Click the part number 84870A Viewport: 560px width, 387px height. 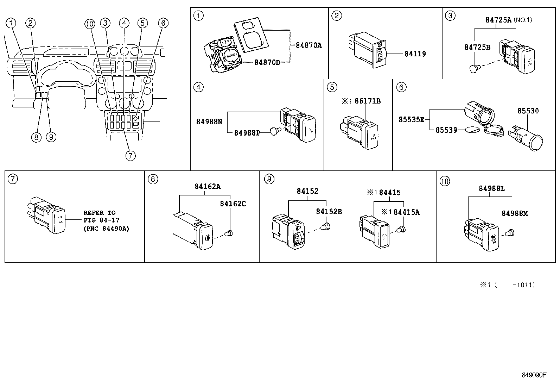309,45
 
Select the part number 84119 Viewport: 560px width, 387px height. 415,54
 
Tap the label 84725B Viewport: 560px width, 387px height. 477,47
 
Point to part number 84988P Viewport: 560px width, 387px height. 247,133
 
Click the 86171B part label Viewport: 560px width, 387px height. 368,101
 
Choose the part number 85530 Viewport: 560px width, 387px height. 528,111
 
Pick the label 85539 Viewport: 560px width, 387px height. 446,130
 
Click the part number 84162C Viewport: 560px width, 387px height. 233,204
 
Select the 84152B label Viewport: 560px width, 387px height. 329,212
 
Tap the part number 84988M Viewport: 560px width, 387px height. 515,213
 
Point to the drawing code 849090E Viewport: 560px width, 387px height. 534,375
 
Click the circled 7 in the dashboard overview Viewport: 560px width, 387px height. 130,155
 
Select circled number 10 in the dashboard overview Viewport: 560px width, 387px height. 90,24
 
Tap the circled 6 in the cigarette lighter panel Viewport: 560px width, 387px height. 401,87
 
